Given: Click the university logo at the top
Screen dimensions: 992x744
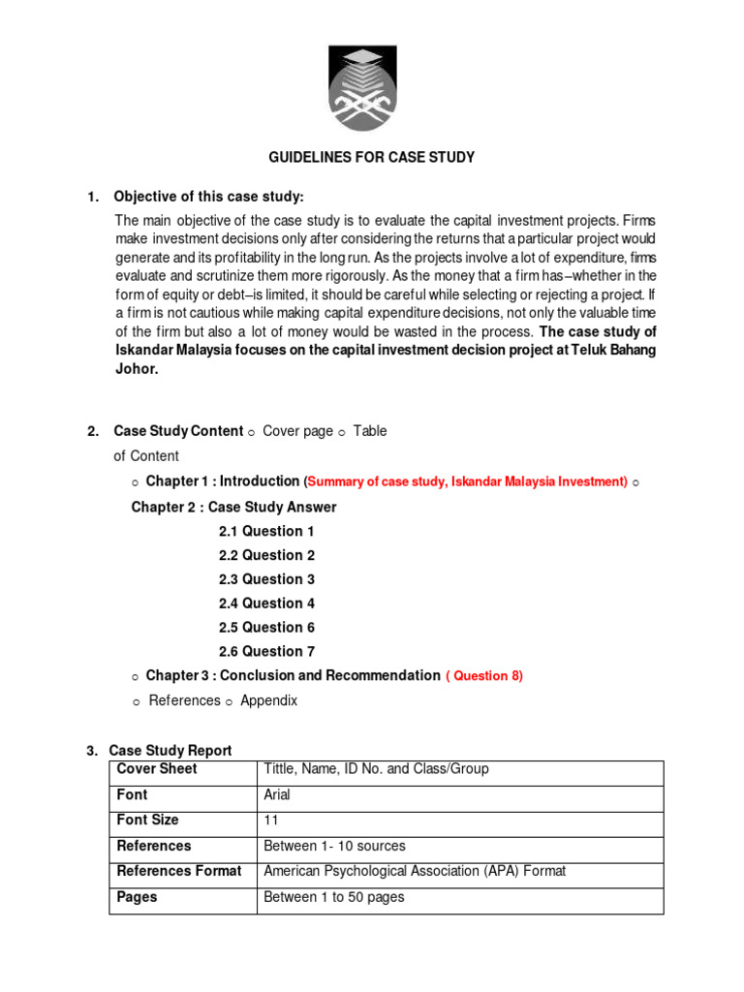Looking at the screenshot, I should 371,88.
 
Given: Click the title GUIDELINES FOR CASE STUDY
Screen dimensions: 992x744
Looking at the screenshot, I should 371,157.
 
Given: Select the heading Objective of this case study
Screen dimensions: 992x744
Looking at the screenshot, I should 209,198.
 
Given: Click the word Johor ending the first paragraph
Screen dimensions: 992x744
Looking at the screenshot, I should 136,369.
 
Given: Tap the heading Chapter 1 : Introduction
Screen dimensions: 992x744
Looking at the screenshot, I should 223,481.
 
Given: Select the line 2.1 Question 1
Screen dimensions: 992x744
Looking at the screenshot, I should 266,531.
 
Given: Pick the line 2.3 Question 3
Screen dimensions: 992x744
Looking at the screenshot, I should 266,579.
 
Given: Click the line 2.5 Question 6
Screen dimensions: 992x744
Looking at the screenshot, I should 266,628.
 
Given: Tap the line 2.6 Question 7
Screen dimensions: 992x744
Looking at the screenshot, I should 266,652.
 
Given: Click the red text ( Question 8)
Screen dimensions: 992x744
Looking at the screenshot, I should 484,676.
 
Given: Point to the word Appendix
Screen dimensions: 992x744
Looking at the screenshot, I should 269,700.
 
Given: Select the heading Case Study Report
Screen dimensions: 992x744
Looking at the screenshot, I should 170,751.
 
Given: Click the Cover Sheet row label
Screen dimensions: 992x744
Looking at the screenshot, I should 157,769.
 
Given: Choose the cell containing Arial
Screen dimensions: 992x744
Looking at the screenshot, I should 277,795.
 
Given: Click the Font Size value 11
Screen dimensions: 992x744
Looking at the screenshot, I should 271,821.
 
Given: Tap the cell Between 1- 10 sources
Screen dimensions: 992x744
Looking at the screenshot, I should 334,846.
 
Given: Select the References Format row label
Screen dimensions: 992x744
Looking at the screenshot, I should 179,871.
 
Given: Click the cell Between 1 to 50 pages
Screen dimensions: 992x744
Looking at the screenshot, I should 333,897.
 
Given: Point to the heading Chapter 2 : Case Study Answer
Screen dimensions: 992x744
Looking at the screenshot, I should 234,507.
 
